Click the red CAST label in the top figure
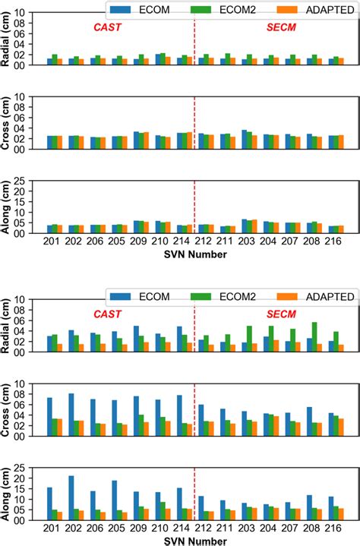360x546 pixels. click(x=107, y=27)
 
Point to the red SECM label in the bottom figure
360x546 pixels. click(x=280, y=313)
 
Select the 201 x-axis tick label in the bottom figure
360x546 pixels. click(x=53, y=527)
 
